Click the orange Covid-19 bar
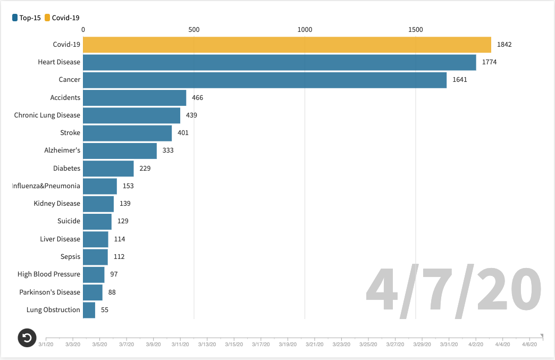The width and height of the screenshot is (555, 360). [x=287, y=45]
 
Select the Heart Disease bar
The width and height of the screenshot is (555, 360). [x=279, y=62]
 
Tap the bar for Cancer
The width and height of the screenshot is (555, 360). [x=264, y=80]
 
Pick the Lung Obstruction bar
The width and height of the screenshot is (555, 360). [x=89, y=310]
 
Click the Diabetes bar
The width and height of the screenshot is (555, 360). [x=108, y=169]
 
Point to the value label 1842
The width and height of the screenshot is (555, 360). [x=504, y=45]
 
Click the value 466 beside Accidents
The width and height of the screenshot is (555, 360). [x=197, y=98]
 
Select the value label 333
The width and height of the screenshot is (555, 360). [x=168, y=150]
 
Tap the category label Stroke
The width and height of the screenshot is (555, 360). [x=70, y=133]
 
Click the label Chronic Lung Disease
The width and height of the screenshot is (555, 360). [x=47, y=115]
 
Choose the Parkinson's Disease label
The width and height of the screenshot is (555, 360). [x=50, y=292]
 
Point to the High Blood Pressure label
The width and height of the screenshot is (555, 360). [x=49, y=274]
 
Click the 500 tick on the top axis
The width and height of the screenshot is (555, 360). [x=194, y=30]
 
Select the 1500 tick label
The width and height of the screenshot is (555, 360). [x=416, y=30]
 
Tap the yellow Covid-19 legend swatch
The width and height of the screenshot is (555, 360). [x=47, y=18]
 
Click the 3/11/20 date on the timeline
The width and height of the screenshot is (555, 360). [x=180, y=345]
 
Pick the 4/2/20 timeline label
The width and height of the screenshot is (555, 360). [x=476, y=345]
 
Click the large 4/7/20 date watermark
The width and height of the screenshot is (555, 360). [x=453, y=291]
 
